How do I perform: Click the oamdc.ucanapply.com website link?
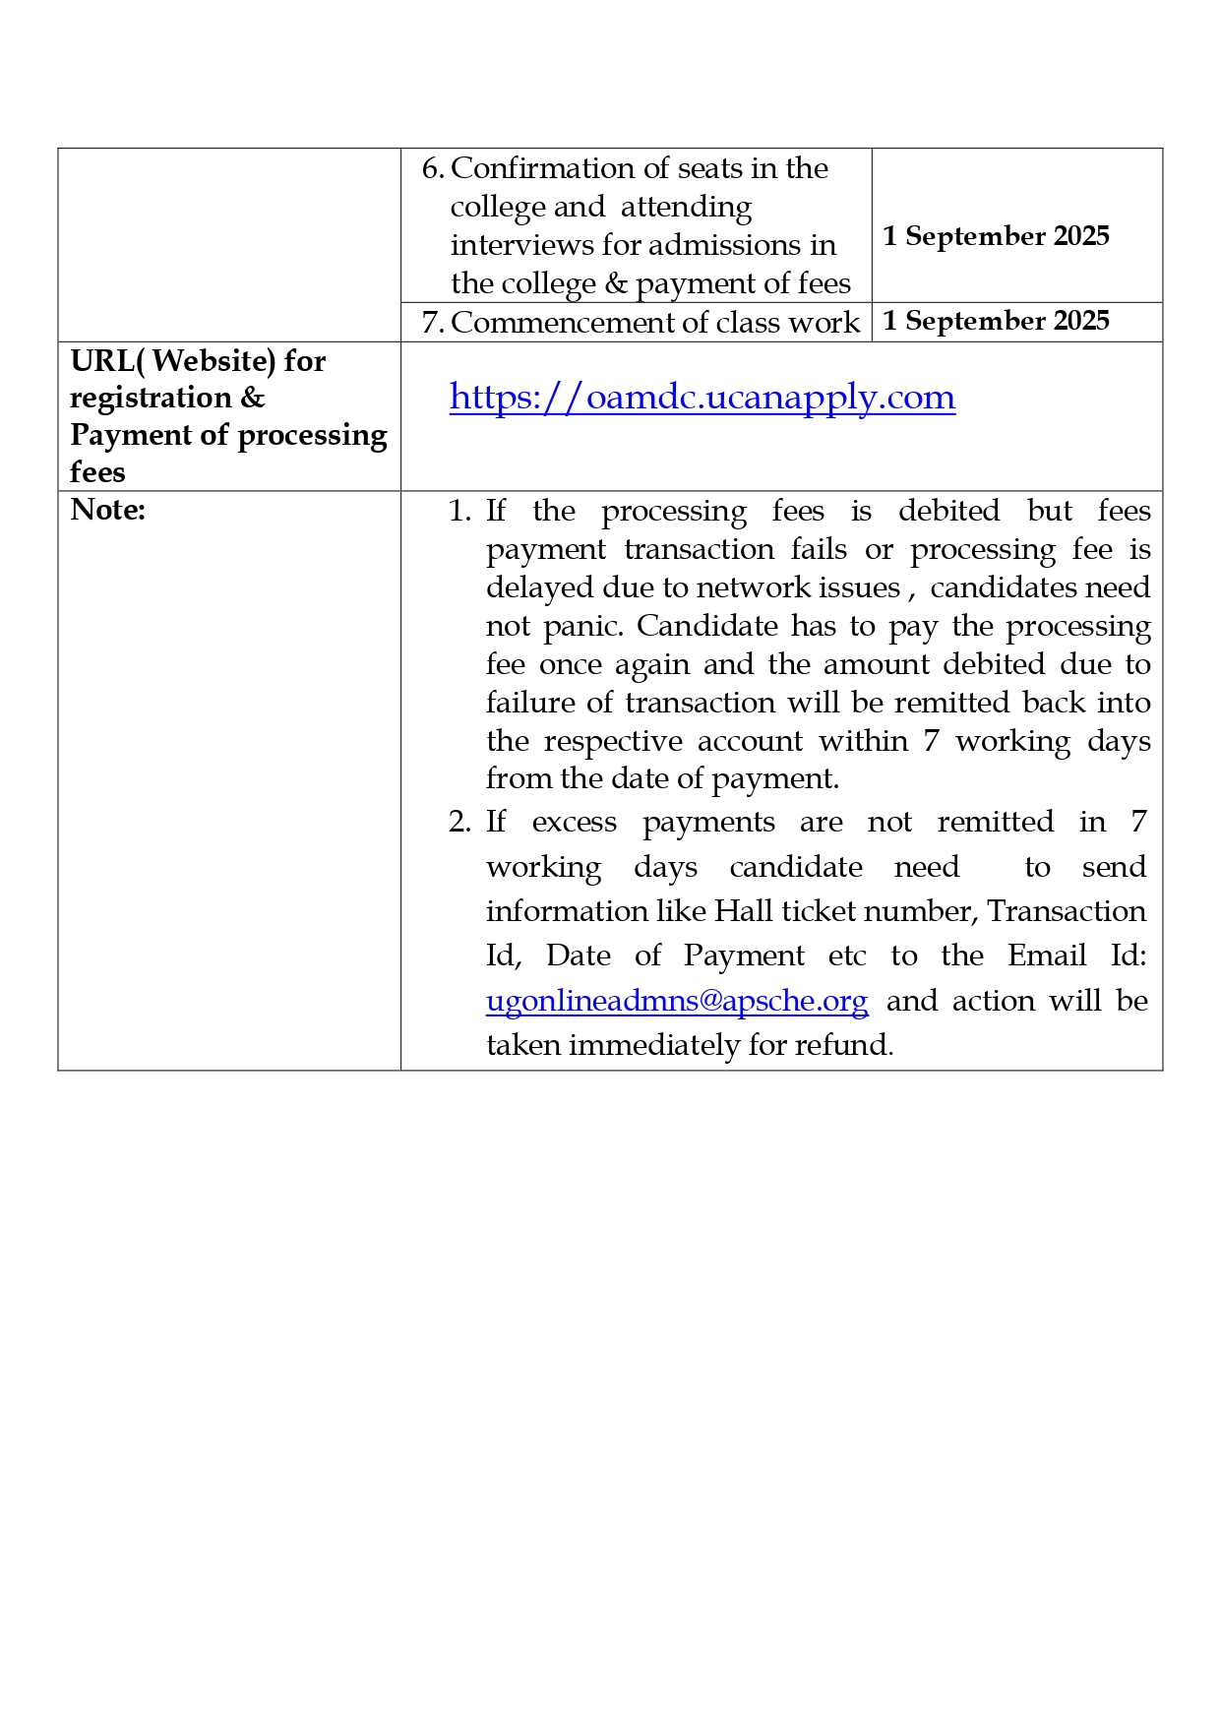(x=701, y=398)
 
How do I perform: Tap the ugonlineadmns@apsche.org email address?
(x=677, y=1001)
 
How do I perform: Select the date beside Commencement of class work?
(x=996, y=322)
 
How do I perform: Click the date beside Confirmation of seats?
(x=996, y=236)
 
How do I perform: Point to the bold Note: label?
(x=108, y=510)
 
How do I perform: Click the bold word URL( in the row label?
(x=107, y=361)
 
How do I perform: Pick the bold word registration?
(x=151, y=398)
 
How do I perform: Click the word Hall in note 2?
(x=744, y=911)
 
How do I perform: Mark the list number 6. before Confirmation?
(x=433, y=169)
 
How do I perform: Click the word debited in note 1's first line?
(x=948, y=511)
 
